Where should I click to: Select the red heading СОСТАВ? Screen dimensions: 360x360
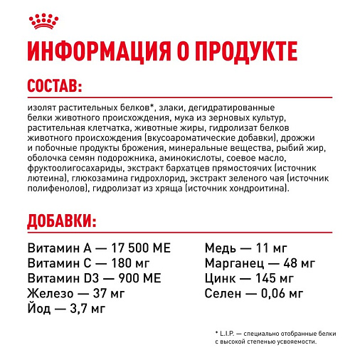(x=54, y=87)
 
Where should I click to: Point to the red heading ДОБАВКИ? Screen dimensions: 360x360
(x=62, y=220)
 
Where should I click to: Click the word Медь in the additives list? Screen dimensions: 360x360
(x=220, y=249)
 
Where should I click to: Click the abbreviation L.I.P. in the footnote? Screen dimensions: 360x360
(x=233, y=334)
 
